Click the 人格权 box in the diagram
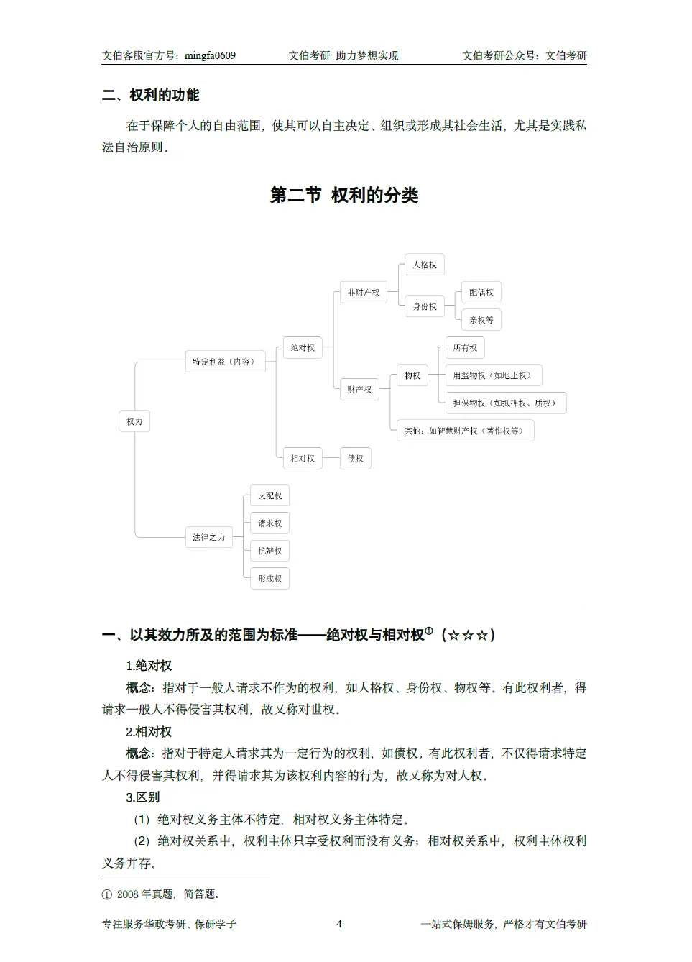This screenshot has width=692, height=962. point(425,265)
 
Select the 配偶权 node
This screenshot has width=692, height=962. point(481,293)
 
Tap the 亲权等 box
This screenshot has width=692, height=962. point(481,320)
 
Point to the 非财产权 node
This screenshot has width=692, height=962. point(364,293)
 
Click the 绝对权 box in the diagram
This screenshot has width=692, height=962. point(303,348)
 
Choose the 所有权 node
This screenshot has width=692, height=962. point(465,348)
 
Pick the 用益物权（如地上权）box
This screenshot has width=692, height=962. point(492,375)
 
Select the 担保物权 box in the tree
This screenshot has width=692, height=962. point(504,403)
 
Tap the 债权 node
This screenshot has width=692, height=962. point(356,459)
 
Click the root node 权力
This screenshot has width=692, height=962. point(134,421)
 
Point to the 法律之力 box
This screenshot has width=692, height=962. point(209,537)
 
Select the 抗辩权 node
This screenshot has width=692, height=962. point(270,551)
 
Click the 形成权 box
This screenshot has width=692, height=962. point(270,579)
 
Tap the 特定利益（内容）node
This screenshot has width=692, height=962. point(224,362)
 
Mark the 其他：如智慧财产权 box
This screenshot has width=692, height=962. point(464,431)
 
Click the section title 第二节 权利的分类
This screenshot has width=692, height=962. point(344,196)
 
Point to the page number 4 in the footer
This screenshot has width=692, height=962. point(339,924)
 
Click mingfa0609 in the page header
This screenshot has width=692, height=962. point(210,55)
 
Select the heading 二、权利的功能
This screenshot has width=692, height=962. point(151,95)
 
